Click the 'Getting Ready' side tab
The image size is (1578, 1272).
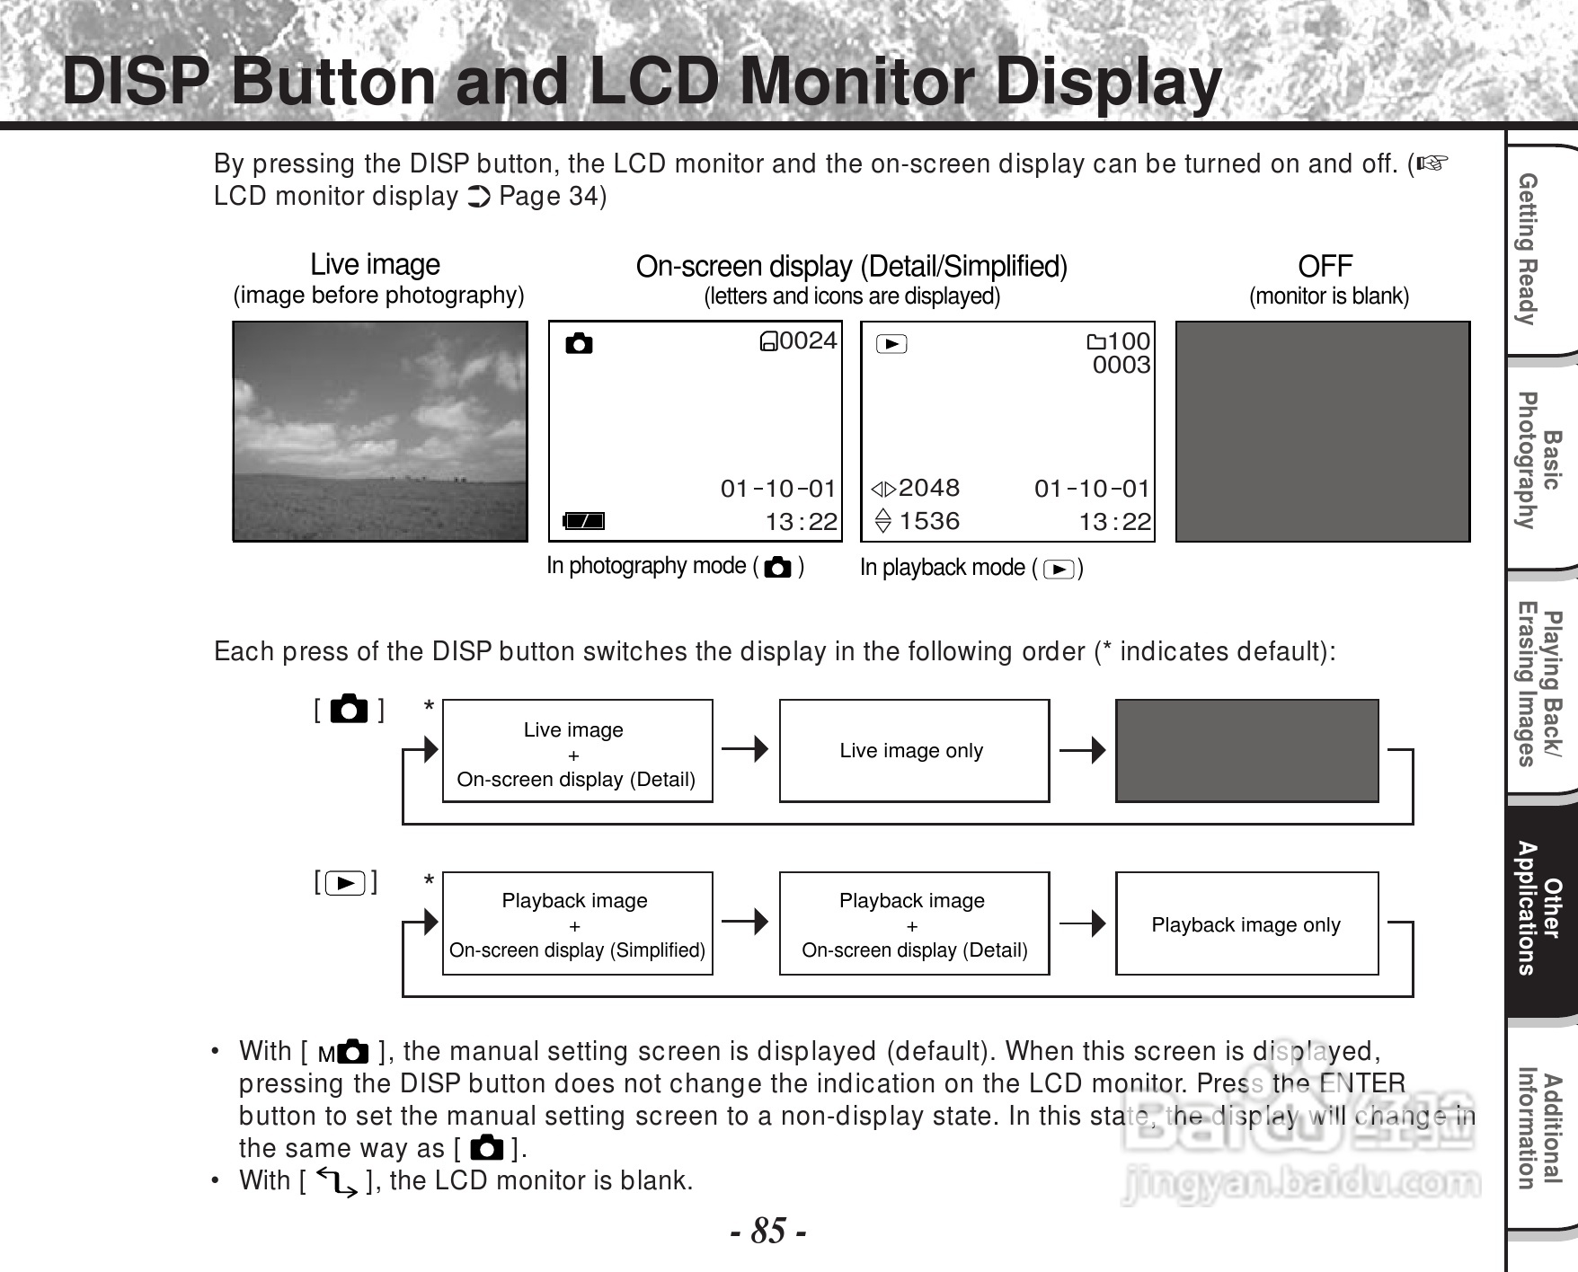(x=1538, y=249)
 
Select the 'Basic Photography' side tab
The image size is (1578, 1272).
(x=1538, y=460)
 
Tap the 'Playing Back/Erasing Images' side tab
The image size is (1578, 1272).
(x=1538, y=687)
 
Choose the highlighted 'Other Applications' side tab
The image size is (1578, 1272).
(x=1538, y=908)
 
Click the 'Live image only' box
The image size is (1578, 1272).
(x=913, y=751)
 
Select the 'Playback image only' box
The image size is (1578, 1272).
(x=1246, y=924)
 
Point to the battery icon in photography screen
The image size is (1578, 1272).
(x=583, y=521)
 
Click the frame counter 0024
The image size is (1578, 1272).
(x=808, y=340)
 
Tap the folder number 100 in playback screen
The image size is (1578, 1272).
(x=1128, y=341)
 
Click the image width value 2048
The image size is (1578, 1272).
(x=928, y=488)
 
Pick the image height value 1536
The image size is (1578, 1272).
(x=928, y=521)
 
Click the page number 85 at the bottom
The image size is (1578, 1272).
(x=767, y=1230)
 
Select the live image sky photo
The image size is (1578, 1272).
(x=379, y=431)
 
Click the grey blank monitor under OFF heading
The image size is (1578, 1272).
(x=1322, y=431)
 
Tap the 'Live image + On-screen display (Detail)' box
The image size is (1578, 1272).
(x=577, y=752)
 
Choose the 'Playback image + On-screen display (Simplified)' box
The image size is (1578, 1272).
(x=577, y=924)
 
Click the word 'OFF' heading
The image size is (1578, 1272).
(x=1325, y=266)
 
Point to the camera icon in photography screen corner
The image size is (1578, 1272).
(x=579, y=343)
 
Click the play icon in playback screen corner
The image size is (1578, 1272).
(x=891, y=343)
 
